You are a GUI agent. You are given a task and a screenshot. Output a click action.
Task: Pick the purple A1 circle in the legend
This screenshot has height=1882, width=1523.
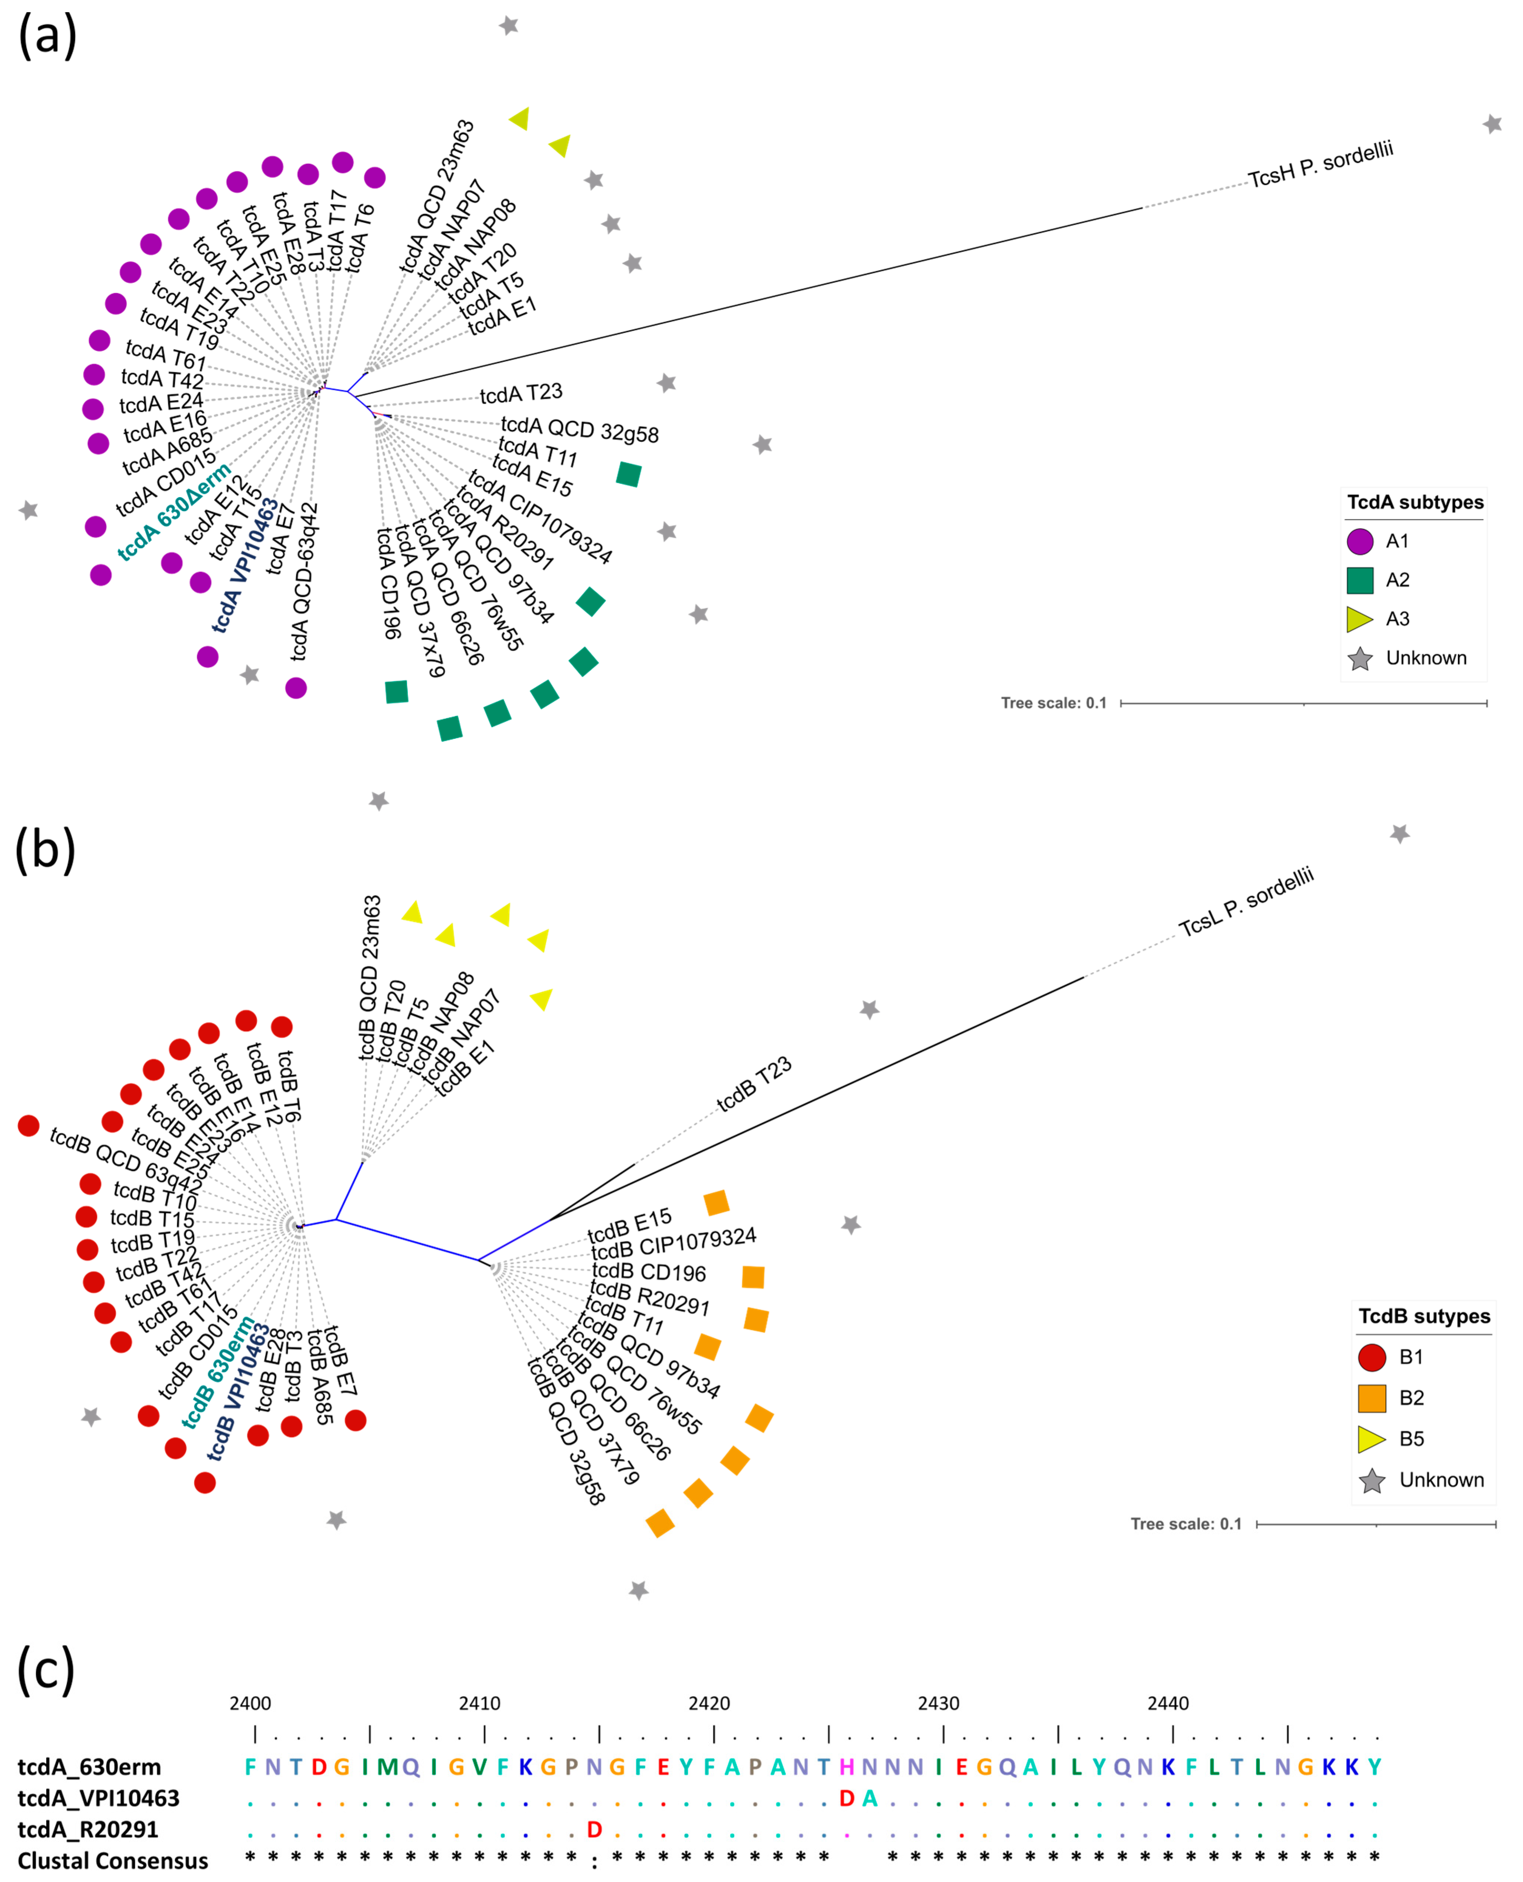pyautogui.click(x=1360, y=541)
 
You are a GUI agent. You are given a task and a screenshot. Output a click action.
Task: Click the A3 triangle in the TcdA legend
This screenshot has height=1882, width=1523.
pyautogui.click(x=1360, y=619)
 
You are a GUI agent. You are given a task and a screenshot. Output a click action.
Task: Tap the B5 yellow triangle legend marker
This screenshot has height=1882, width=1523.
pyautogui.click(x=1371, y=1439)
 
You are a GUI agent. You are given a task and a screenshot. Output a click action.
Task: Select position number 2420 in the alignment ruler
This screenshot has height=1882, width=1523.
pyautogui.click(x=709, y=1703)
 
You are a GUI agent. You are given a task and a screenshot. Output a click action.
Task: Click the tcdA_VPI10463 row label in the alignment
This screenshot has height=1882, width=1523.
pyautogui.click(x=98, y=1799)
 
